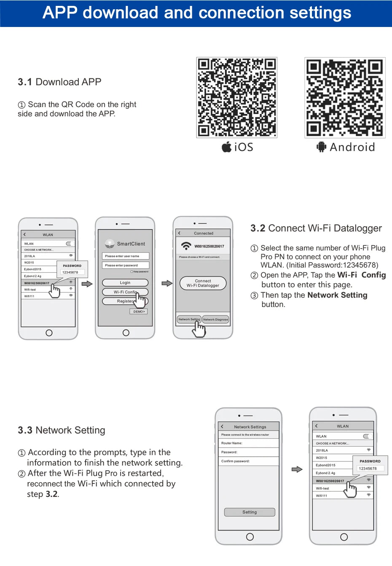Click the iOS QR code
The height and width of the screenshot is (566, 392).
236,97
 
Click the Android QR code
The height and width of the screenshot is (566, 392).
345,97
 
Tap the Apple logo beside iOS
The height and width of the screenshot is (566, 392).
227,147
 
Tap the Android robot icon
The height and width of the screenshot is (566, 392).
322,147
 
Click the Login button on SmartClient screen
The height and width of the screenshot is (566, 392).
125,283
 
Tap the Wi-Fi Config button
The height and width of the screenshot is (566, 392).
125,292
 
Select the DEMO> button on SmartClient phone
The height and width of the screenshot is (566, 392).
139,311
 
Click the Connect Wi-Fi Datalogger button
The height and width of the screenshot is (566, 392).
203,283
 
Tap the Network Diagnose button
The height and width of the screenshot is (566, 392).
215,319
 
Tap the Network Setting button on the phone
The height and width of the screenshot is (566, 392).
189,319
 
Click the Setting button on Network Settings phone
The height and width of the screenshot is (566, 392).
250,512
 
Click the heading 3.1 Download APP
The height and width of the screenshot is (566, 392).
59,82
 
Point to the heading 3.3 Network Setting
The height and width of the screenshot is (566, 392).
62,430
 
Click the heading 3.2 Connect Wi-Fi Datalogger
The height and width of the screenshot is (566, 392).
316,228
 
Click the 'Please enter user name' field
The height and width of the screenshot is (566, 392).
125,256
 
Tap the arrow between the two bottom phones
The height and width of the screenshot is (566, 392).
297,469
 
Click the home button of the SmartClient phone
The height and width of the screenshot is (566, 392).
126,333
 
